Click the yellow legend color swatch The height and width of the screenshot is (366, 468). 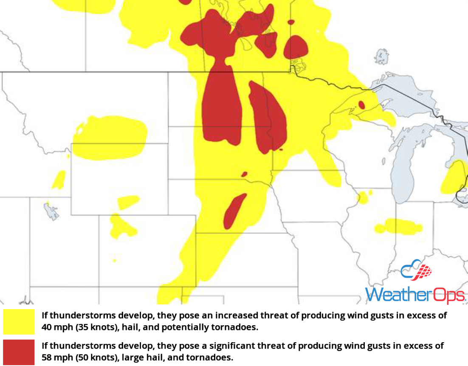click(x=19, y=321)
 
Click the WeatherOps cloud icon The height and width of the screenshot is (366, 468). click(x=416, y=270)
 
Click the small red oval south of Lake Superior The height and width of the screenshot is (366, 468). click(x=361, y=104)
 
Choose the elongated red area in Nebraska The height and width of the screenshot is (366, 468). click(x=234, y=211)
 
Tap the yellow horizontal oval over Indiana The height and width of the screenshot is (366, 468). click(x=399, y=225)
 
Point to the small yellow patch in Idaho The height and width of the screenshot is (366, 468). click(x=59, y=180)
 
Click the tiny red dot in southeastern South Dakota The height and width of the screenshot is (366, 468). click(x=244, y=174)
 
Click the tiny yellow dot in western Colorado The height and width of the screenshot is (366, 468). click(x=114, y=260)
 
